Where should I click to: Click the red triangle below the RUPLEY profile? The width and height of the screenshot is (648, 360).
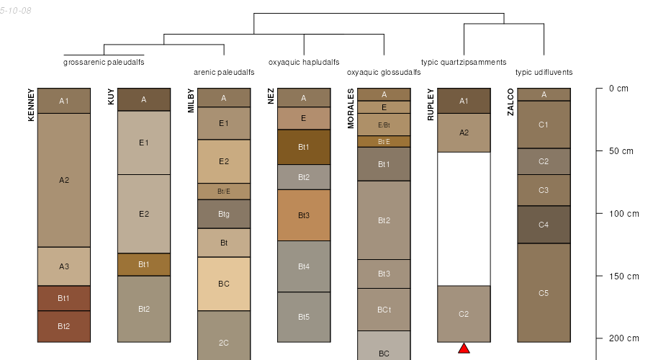click(x=464, y=348)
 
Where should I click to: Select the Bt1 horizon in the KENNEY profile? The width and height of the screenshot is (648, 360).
click(x=64, y=298)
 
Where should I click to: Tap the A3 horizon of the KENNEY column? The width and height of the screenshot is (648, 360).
click(x=64, y=266)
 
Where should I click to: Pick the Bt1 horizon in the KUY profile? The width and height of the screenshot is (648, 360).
click(x=144, y=264)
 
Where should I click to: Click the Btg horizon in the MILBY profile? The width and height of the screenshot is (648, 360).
click(x=224, y=214)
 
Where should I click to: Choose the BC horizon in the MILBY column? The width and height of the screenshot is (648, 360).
click(x=224, y=284)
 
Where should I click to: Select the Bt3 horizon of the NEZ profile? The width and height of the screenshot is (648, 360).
click(x=304, y=215)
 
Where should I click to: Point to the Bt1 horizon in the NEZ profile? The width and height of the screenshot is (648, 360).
click(x=304, y=147)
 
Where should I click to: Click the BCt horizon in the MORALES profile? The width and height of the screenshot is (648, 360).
click(x=384, y=310)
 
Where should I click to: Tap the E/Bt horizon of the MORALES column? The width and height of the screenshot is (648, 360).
click(x=384, y=125)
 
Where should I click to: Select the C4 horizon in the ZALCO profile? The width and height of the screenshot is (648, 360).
click(x=544, y=225)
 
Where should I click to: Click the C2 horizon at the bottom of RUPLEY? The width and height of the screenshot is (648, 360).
click(x=464, y=314)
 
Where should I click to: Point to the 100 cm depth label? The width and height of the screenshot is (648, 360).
click(x=624, y=214)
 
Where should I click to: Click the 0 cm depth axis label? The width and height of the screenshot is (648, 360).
click(x=618, y=89)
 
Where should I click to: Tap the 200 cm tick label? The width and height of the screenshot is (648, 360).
click(x=624, y=338)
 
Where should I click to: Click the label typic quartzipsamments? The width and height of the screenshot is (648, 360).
click(x=464, y=62)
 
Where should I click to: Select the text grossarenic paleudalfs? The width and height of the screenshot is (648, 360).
click(x=104, y=62)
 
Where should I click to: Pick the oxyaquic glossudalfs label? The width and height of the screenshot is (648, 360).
click(x=384, y=73)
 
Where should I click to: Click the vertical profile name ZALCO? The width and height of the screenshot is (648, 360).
click(x=510, y=103)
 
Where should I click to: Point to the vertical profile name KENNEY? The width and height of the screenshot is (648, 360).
click(x=31, y=104)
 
